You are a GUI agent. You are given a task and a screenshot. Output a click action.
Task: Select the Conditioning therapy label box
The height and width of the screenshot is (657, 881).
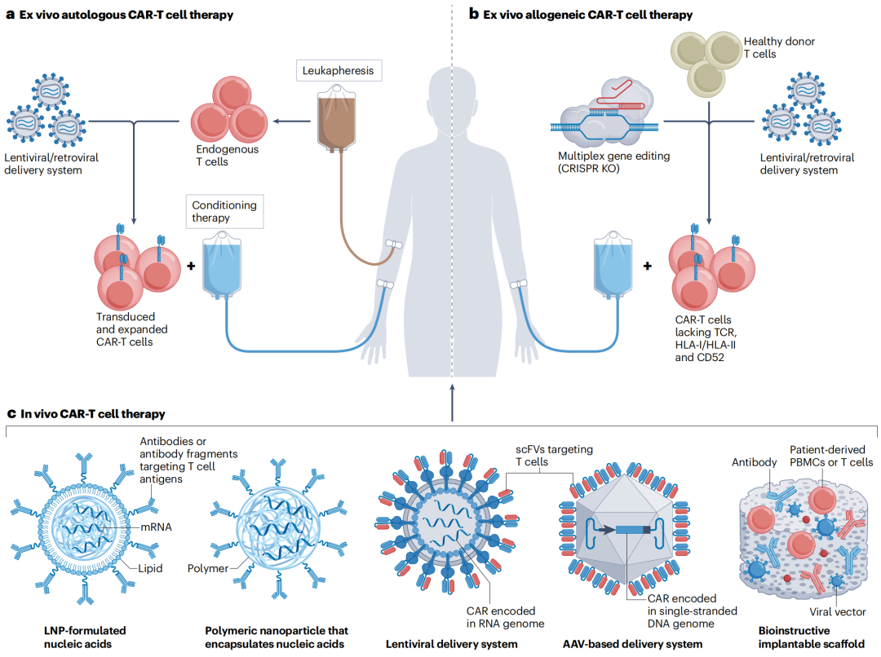pos(224,212)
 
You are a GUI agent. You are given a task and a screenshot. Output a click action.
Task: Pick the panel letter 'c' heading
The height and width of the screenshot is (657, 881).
pos(11,414)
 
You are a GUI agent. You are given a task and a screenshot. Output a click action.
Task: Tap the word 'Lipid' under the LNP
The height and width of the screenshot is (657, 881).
pos(152,567)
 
